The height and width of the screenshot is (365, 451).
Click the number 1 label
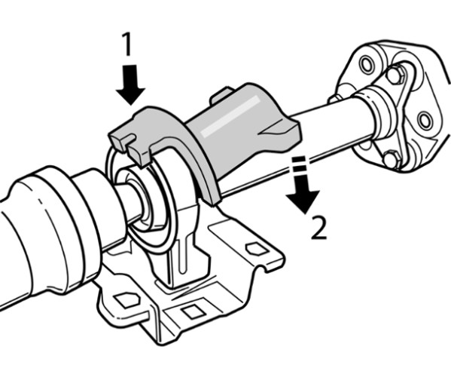point(126,44)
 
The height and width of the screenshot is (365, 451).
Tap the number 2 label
point(319,228)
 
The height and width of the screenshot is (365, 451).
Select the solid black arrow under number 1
point(130,84)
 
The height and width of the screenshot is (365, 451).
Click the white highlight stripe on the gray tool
point(230,115)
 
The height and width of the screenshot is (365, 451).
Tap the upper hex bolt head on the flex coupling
point(396,75)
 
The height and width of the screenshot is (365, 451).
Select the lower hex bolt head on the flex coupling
point(392,159)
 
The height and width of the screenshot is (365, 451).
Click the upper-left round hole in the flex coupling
point(367,65)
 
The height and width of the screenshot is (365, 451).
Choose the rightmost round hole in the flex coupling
point(425,120)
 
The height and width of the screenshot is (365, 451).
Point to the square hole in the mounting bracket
point(193,312)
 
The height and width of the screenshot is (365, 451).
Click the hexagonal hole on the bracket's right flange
point(257,249)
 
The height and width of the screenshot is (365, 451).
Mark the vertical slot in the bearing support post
point(182,256)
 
